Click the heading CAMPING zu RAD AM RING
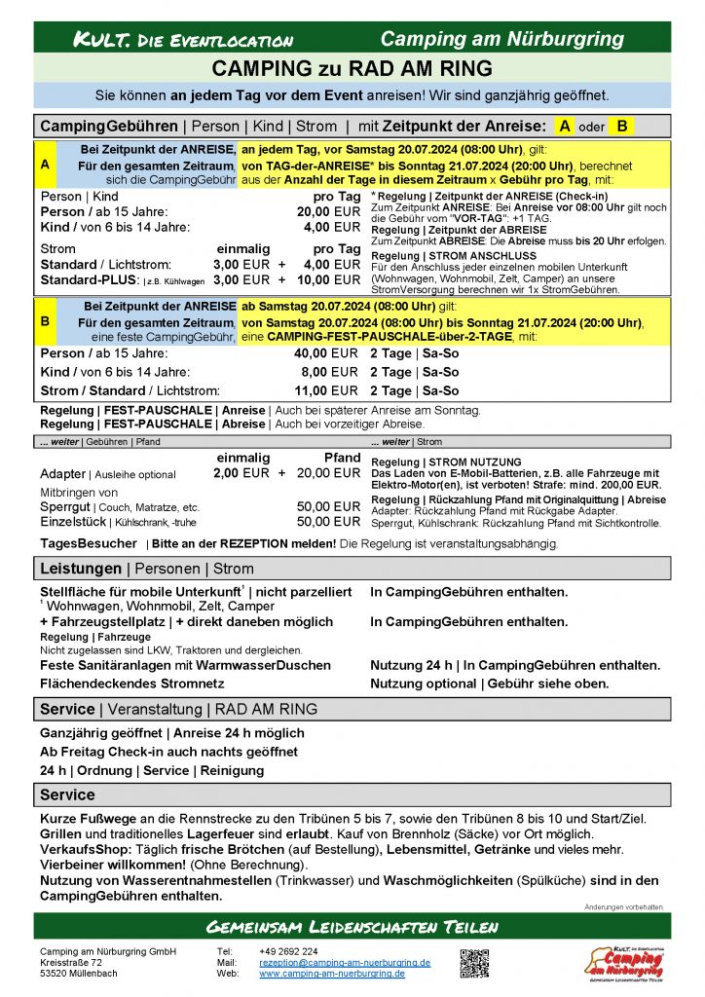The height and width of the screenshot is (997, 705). pyautogui.click(x=352, y=68)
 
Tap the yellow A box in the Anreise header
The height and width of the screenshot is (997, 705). pyautogui.click(x=564, y=126)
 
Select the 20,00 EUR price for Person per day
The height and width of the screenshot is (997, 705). pyautogui.click(x=328, y=212)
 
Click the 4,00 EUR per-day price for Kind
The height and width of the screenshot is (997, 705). pyautogui.click(x=332, y=228)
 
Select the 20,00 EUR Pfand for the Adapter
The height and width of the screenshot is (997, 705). pyautogui.click(x=328, y=473)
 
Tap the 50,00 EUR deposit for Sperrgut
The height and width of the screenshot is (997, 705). pyautogui.click(x=328, y=507)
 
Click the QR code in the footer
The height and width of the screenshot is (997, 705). pyautogui.click(x=474, y=962)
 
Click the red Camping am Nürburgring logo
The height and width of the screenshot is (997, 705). pyautogui.click(x=623, y=961)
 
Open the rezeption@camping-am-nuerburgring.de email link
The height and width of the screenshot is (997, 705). pyautogui.click(x=345, y=962)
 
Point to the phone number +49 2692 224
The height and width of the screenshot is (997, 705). pyautogui.click(x=288, y=951)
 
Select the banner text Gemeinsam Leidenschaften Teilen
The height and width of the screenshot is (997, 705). pyautogui.click(x=352, y=926)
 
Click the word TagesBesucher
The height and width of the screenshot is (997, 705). pyautogui.click(x=89, y=542)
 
